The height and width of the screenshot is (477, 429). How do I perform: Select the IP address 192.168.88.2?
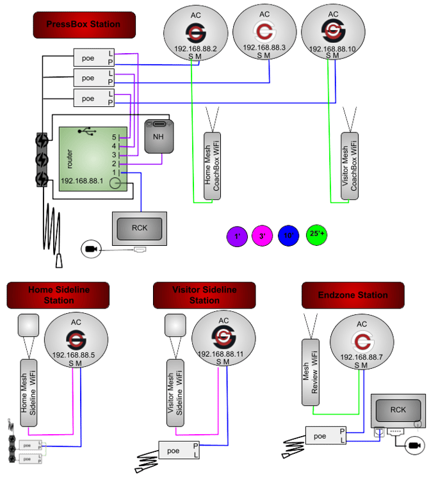pos(196,48)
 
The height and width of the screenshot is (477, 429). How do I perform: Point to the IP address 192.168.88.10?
pos(333,48)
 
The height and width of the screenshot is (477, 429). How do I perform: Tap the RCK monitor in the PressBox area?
pos(140,228)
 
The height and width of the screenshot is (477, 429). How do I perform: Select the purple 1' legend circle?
pos(237,236)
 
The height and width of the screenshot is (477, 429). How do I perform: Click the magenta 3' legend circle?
pos(263,236)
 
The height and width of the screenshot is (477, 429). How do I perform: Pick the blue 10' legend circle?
pos(289,236)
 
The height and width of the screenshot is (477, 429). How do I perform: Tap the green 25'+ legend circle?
pos(316,235)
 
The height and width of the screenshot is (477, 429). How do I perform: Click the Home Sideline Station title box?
pos(59,295)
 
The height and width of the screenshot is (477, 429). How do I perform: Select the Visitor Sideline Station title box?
pos(204,295)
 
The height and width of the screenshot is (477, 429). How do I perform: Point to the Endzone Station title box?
pos(353,295)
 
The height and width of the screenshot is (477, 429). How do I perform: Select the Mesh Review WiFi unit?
pos(310,372)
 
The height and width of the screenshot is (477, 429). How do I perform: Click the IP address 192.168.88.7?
pos(362,357)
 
